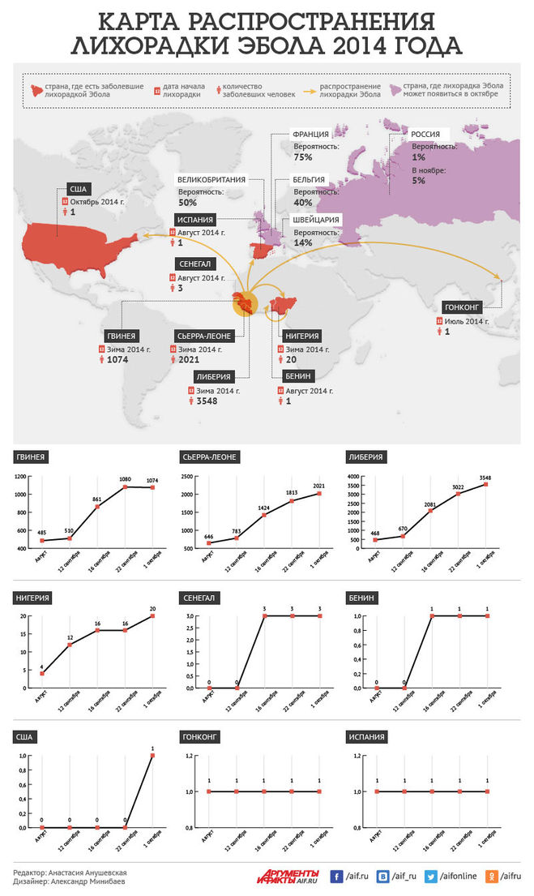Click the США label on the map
click(74, 188)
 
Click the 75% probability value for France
click(304, 156)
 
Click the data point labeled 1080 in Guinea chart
click(125, 488)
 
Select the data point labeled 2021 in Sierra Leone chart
click(321, 493)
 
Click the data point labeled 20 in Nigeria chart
click(152, 616)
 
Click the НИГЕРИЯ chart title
click(33, 598)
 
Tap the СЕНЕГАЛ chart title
click(198, 598)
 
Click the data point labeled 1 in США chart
click(152, 756)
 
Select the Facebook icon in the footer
click(336, 876)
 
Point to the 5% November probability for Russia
click(418, 180)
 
